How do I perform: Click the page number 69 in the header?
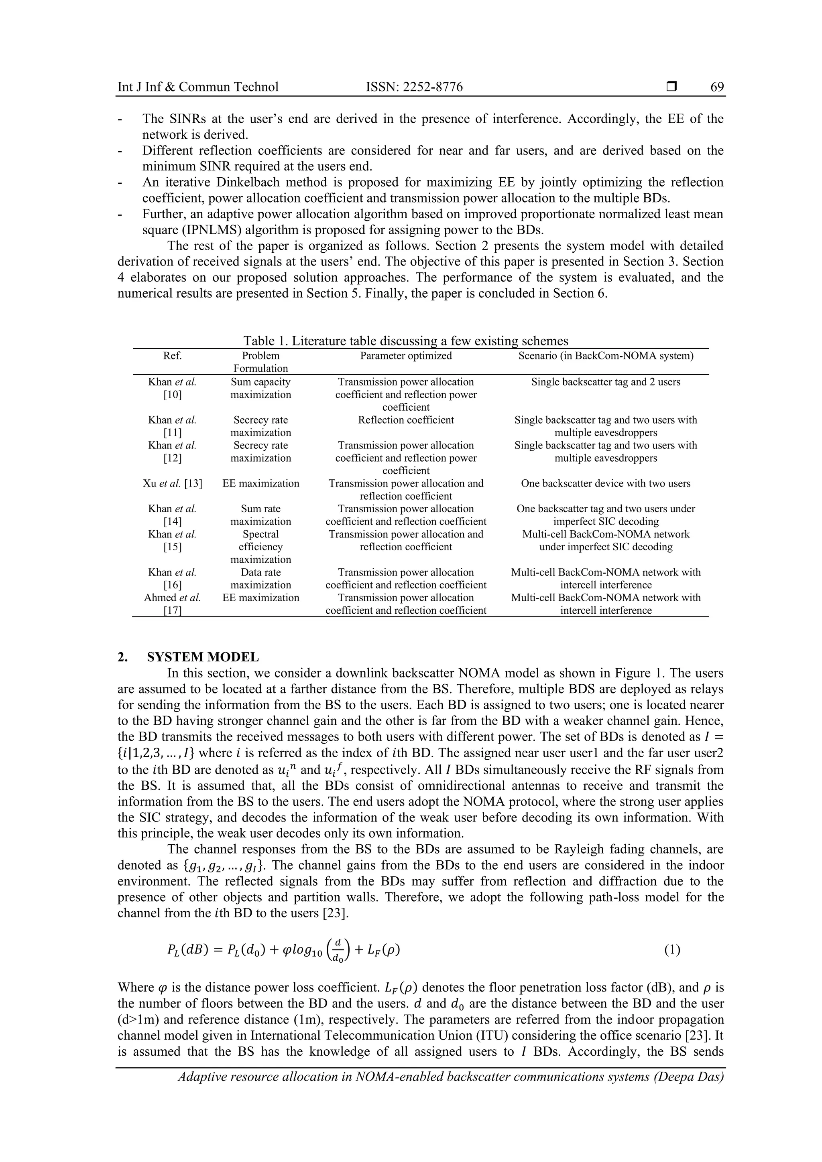pyautogui.click(x=717, y=87)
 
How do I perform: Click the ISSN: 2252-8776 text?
pyautogui.click(x=414, y=87)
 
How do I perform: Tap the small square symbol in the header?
pyautogui.click(x=671, y=87)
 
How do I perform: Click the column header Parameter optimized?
pyautogui.click(x=406, y=356)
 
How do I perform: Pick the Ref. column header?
pyautogui.click(x=172, y=356)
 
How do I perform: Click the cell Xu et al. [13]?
pyautogui.click(x=172, y=483)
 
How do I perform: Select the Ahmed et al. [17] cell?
pyautogui.click(x=172, y=604)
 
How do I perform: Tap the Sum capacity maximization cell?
pyautogui.click(x=260, y=388)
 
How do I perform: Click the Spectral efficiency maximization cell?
pyautogui.click(x=260, y=547)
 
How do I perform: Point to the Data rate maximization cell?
pyautogui.click(x=260, y=578)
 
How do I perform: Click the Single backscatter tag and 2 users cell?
pyautogui.click(x=605, y=382)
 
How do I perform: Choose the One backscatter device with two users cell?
pyautogui.click(x=605, y=483)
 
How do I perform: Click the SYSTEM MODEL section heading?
pyautogui.click(x=203, y=657)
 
